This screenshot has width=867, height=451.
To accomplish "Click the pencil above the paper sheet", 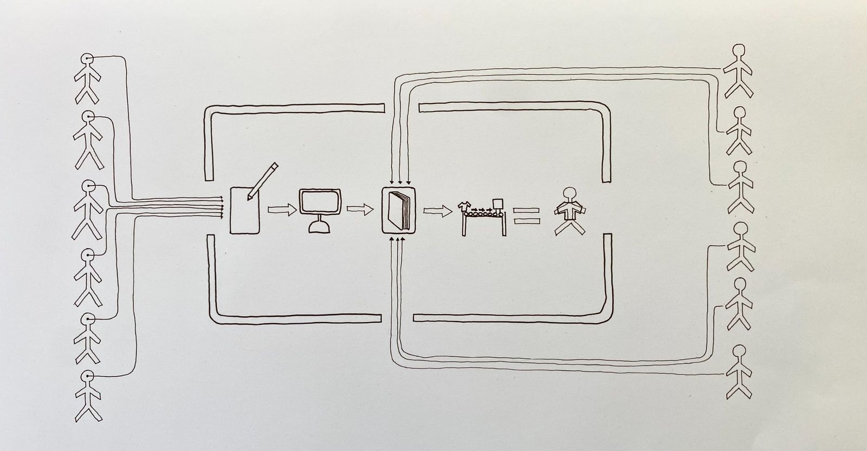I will [263, 181].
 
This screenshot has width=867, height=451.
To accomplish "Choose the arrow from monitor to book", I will [359, 208].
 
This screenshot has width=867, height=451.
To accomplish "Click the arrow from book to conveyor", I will [437, 211].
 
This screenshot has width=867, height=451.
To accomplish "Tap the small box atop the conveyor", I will [497, 205].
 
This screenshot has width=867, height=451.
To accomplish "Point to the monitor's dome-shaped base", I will [320, 227].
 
